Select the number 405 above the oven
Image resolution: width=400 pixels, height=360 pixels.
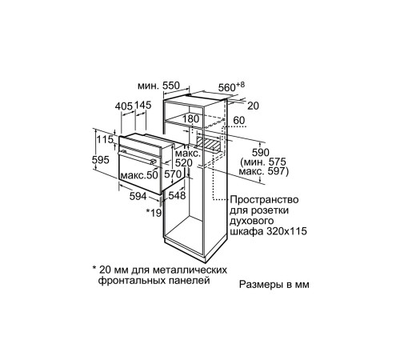[124, 105]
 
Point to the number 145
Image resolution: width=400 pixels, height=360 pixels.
[143, 105]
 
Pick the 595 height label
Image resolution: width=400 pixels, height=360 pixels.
[101, 159]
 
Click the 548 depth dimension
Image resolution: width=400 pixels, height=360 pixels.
[177, 194]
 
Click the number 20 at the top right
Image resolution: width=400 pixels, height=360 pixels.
[252, 105]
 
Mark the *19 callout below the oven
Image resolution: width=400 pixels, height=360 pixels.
[154, 213]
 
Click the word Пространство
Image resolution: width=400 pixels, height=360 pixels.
[263, 199]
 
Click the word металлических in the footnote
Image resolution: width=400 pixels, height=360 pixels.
[173, 269]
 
